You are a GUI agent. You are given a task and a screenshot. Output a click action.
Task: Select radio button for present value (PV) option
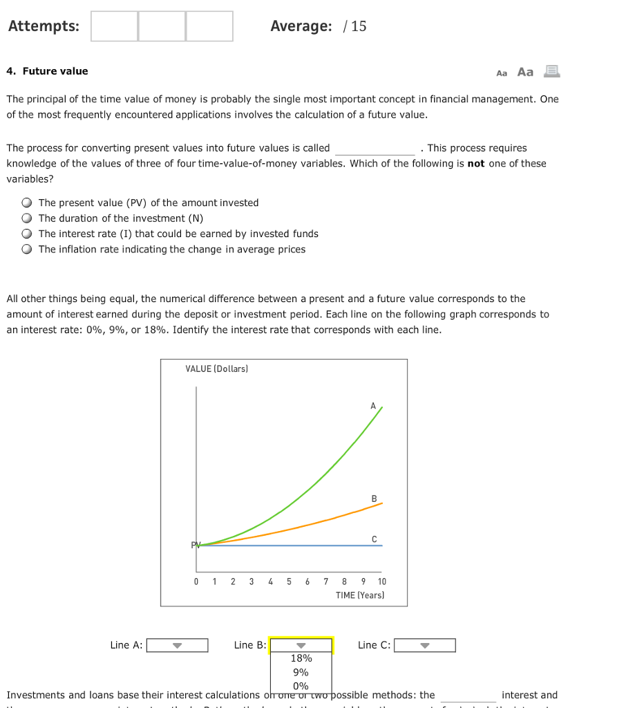(x=26, y=203)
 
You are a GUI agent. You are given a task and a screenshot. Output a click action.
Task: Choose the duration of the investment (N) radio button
(x=26, y=218)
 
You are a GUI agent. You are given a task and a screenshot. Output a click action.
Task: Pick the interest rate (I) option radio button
(x=26, y=234)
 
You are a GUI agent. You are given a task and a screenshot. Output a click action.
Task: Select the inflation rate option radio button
(x=26, y=250)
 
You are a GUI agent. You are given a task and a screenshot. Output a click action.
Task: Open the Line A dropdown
(x=177, y=645)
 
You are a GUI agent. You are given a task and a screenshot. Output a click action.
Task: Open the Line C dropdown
(x=424, y=645)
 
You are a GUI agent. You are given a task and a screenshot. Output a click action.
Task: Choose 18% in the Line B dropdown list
(x=301, y=658)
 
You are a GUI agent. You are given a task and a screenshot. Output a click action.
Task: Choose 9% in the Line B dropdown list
(x=301, y=672)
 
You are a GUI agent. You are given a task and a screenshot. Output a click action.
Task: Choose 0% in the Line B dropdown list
(x=301, y=686)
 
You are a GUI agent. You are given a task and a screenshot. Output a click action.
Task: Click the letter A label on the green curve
(x=373, y=406)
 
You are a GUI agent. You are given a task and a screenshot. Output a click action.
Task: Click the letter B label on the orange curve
(x=374, y=499)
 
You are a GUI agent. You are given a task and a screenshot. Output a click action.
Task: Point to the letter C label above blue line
(x=374, y=539)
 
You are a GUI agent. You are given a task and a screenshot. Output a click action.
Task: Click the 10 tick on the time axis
(x=382, y=581)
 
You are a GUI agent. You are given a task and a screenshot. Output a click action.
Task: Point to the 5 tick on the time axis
(x=289, y=581)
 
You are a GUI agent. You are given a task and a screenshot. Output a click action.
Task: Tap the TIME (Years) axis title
(x=360, y=595)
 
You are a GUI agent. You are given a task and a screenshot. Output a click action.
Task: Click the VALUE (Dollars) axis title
(x=216, y=369)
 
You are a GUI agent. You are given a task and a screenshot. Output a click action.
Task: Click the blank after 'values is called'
(x=375, y=149)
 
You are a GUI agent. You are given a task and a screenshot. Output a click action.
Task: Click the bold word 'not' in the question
(x=475, y=164)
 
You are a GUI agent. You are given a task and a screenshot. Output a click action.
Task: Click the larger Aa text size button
(x=525, y=72)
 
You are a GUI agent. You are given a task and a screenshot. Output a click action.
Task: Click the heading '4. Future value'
(x=48, y=71)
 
